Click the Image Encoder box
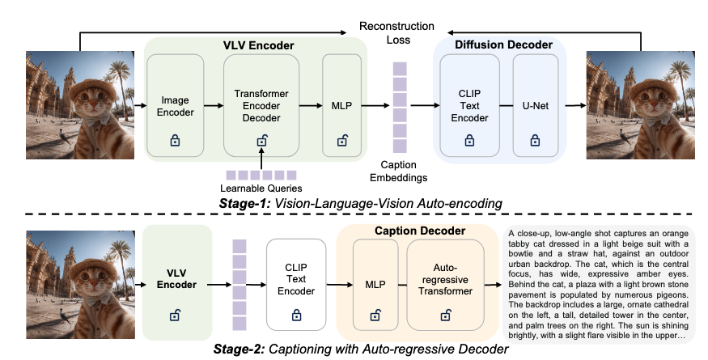174,104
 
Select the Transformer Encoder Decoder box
261,104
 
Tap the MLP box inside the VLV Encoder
339,104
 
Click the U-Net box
535,104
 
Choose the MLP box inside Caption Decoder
374,282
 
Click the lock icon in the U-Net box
535,140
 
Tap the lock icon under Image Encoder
174,140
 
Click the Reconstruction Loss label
396,32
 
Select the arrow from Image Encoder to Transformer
212,104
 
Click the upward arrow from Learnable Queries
261,156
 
